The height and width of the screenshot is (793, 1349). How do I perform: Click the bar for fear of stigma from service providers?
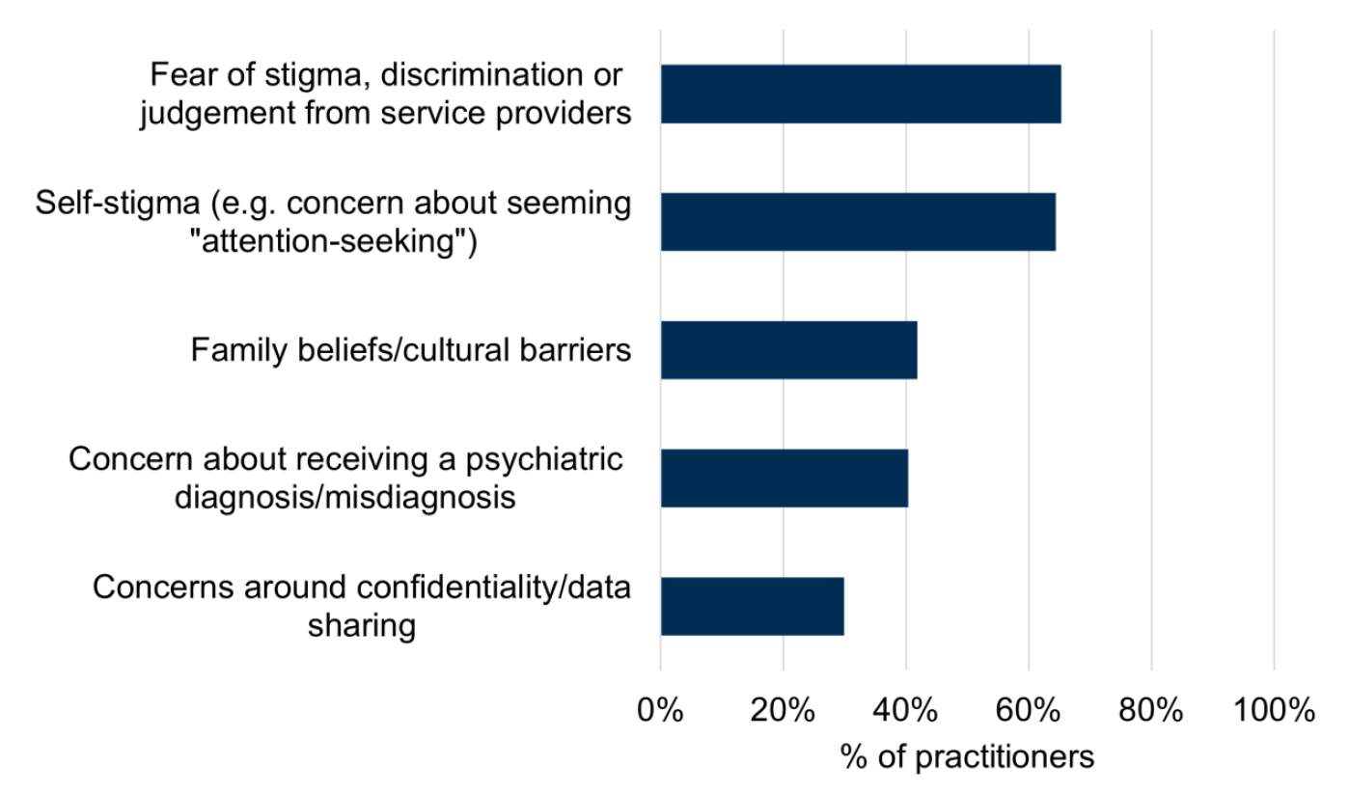tap(860, 95)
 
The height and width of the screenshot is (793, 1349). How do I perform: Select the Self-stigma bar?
tap(857, 222)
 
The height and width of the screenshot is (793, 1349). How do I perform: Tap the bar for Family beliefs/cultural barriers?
tap(788, 349)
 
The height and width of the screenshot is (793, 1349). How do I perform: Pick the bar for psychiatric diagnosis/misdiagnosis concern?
tap(784, 478)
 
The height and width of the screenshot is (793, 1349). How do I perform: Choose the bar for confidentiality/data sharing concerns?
tap(752, 606)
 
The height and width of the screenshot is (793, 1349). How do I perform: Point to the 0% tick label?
tap(660, 711)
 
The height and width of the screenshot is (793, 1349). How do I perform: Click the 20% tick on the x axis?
tap(783, 711)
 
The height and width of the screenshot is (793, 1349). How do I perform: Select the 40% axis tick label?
tap(905, 711)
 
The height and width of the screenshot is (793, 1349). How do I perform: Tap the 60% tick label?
tap(1029, 711)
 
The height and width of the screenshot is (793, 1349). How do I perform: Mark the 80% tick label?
tap(1151, 711)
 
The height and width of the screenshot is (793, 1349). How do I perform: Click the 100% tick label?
tap(1274, 711)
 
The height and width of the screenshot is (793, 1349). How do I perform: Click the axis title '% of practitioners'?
tap(967, 756)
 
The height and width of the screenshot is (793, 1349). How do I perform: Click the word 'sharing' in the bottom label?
tap(362, 626)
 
